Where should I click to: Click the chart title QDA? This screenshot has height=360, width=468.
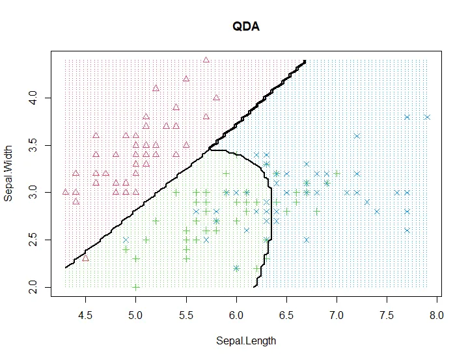pos(247,27)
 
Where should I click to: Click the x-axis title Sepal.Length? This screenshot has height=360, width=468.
pos(247,340)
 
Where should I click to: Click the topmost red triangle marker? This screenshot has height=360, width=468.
pos(206,60)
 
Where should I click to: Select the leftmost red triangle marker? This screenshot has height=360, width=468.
pos(65,192)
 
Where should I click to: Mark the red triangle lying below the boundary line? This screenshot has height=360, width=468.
pos(85,258)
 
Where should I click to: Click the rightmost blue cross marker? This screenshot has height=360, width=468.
pos(427,117)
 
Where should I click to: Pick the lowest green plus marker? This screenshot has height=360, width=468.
pos(135,287)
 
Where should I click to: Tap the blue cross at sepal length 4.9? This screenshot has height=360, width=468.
pos(126,240)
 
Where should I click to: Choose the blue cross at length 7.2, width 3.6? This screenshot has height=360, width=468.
pos(357,136)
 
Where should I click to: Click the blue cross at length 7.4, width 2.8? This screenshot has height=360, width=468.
pos(377,212)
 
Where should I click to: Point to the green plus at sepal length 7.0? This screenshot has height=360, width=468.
pos(337,174)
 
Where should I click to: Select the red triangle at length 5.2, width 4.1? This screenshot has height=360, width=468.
pos(156,89)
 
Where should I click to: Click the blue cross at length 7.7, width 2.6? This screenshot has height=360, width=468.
pos(407,230)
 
